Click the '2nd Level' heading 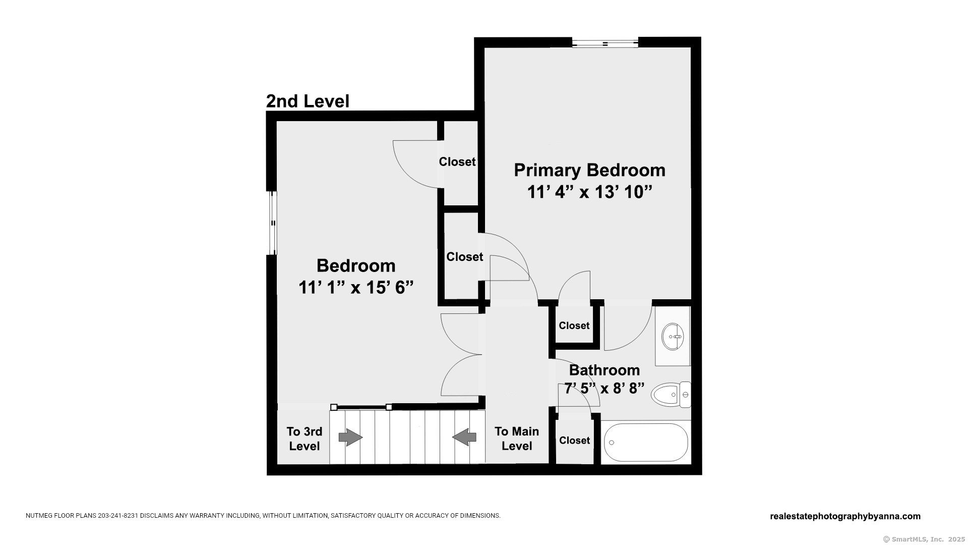pyautogui.click(x=308, y=101)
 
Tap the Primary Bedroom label pyautogui.click(x=589, y=170)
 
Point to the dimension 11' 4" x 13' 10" pyautogui.click(x=589, y=192)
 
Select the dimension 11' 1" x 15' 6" pyautogui.click(x=356, y=288)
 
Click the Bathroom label pyautogui.click(x=604, y=370)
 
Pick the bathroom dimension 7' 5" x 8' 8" pyautogui.click(x=604, y=389)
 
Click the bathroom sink pyautogui.click(x=673, y=336)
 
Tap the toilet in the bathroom pyautogui.click(x=671, y=395)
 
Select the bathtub pyautogui.click(x=646, y=443)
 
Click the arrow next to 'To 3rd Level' pyautogui.click(x=350, y=437)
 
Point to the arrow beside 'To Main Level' pyautogui.click(x=464, y=437)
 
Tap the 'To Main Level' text pyautogui.click(x=517, y=439)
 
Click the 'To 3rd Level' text pyautogui.click(x=305, y=439)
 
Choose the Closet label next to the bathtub pyautogui.click(x=574, y=441)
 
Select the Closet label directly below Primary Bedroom pyautogui.click(x=574, y=325)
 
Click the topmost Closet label pyautogui.click(x=457, y=161)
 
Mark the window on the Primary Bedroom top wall pyautogui.click(x=605, y=43)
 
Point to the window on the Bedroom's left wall pyautogui.click(x=272, y=223)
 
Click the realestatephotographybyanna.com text pyautogui.click(x=845, y=516)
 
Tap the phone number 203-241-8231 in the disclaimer pyautogui.click(x=118, y=516)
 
